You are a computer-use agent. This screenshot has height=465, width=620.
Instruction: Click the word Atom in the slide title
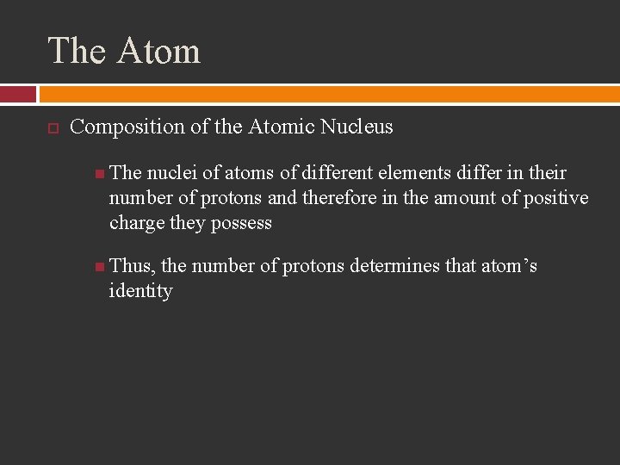click(x=158, y=51)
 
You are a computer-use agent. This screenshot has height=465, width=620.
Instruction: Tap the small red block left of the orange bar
click(x=17, y=94)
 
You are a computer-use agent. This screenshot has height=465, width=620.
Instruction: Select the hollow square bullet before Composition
click(x=53, y=128)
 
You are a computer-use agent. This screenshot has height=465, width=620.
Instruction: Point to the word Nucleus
click(x=356, y=127)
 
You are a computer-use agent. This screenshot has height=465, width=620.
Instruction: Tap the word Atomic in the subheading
click(x=281, y=127)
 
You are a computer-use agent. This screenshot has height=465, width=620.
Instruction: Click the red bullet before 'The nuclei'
click(x=101, y=173)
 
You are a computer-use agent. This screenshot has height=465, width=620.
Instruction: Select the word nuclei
click(x=171, y=173)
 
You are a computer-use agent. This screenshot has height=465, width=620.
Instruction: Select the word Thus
click(x=130, y=266)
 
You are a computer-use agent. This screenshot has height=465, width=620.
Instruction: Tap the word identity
click(x=140, y=291)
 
